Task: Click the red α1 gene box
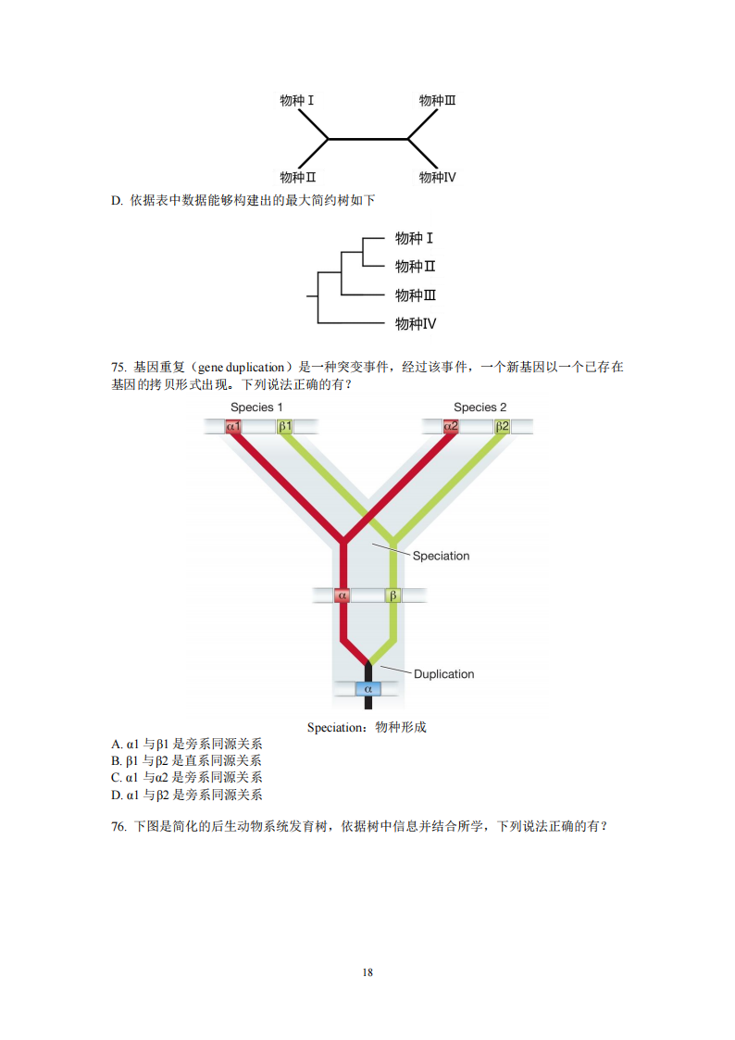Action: click(x=233, y=427)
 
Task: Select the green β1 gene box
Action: click(x=285, y=427)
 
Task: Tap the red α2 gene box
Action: click(x=451, y=427)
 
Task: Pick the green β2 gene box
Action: click(x=503, y=427)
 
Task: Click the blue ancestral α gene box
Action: click(x=367, y=689)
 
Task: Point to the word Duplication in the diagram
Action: click(x=444, y=674)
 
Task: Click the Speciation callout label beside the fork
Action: click(x=441, y=556)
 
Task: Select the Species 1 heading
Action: click(x=256, y=407)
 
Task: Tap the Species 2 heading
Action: click(x=480, y=407)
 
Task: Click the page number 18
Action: click(x=367, y=972)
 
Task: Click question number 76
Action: click(x=118, y=826)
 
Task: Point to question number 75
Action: click(x=118, y=368)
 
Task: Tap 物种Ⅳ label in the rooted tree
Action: click(x=416, y=324)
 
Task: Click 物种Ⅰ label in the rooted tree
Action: click(x=414, y=238)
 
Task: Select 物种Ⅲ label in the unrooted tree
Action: click(x=438, y=100)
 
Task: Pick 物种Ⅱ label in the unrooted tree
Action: click(x=298, y=177)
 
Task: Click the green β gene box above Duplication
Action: click(x=393, y=595)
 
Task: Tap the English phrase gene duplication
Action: click(x=242, y=368)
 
